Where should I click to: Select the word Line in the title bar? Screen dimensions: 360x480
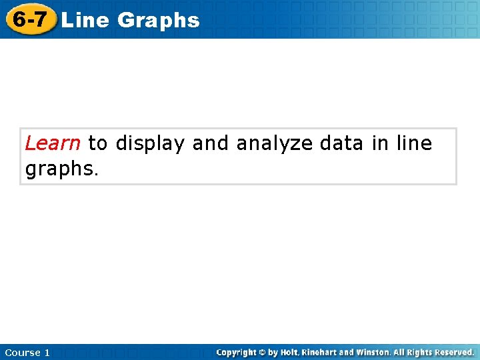click(x=85, y=21)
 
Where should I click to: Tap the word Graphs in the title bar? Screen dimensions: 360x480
click(x=159, y=21)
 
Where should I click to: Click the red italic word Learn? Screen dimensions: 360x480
click(x=53, y=143)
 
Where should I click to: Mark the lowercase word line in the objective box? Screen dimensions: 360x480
click(x=414, y=143)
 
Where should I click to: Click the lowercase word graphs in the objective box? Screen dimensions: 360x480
click(x=61, y=169)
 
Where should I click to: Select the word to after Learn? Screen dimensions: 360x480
click(x=97, y=143)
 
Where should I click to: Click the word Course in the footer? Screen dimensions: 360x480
click(x=21, y=352)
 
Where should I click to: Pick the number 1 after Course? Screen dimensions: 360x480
click(x=47, y=352)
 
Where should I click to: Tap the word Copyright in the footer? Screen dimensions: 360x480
click(x=238, y=352)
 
